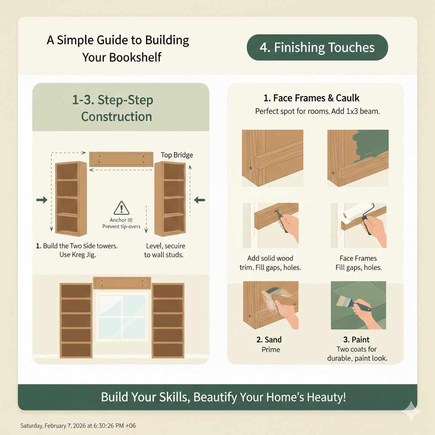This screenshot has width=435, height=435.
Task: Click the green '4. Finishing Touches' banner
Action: click(x=317, y=47)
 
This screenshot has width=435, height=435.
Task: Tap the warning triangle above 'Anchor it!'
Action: click(x=121, y=208)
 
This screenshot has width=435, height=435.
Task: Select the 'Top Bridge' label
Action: click(x=177, y=155)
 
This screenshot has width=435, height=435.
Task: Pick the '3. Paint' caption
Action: click(x=358, y=340)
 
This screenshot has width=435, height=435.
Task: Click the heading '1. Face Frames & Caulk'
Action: click(x=311, y=98)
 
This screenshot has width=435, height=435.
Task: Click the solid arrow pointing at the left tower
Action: click(x=42, y=200)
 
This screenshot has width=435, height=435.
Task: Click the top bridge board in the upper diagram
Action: click(x=121, y=158)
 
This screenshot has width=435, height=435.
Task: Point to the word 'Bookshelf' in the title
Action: click(x=122, y=57)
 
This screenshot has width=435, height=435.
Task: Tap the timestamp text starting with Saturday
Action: click(x=78, y=425)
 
